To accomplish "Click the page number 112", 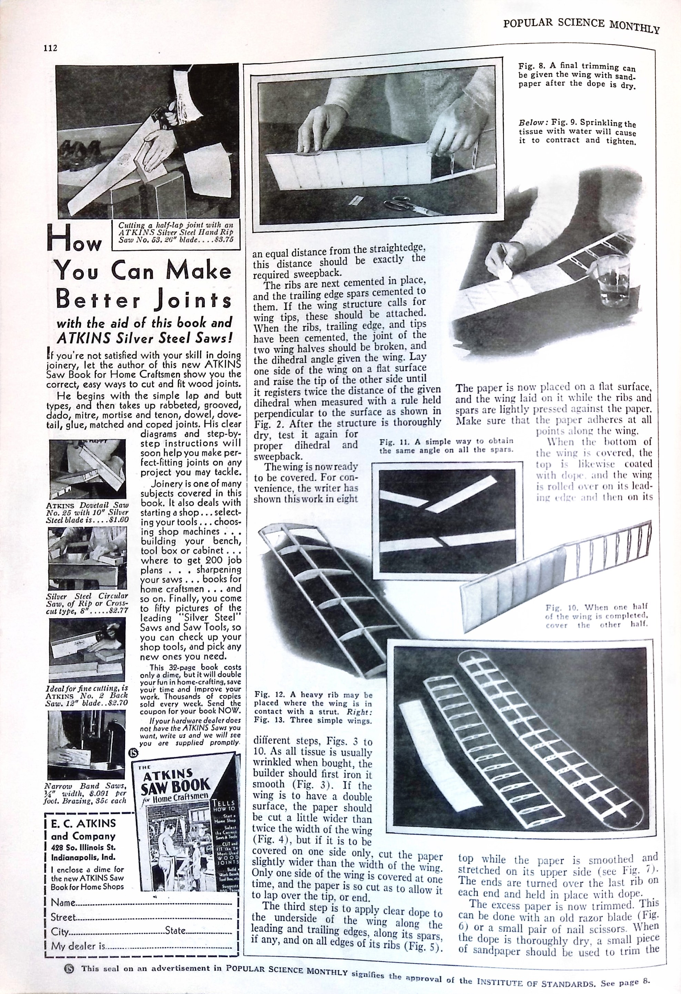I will [50, 48].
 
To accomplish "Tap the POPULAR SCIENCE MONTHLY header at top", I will [581, 25].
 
